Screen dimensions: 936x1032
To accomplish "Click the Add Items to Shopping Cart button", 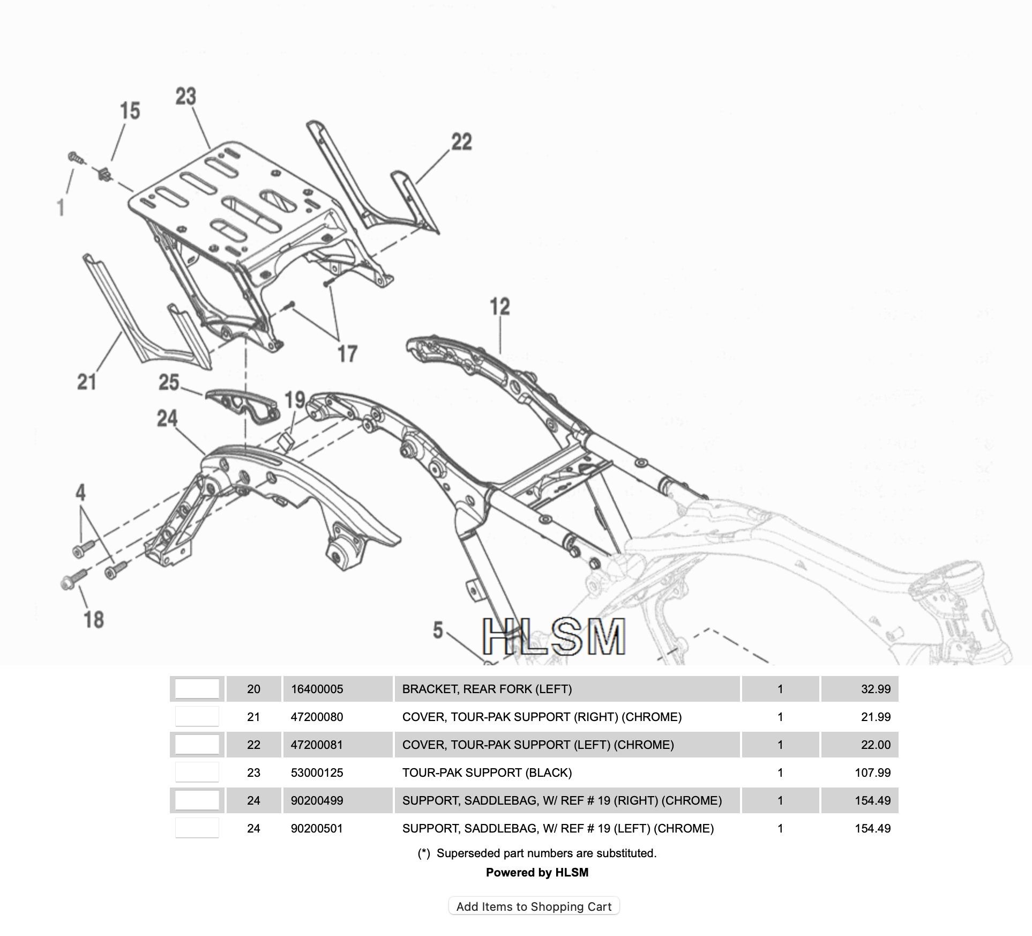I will click(534, 906).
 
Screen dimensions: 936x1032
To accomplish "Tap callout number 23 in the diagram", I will click(186, 97).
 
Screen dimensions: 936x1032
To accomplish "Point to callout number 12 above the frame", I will click(499, 307).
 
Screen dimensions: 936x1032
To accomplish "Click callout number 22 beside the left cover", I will click(461, 142).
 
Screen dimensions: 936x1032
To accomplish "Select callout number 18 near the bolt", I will click(94, 620).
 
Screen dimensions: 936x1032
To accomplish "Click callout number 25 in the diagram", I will click(168, 382).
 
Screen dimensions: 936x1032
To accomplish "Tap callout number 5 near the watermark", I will click(438, 630).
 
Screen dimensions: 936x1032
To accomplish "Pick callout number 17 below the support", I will click(347, 354).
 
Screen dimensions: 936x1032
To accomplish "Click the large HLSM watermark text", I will click(554, 637).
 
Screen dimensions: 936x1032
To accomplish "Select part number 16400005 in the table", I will click(317, 689).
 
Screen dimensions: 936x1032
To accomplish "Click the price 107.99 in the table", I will click(872, 772).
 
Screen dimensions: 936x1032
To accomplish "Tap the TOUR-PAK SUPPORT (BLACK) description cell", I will click(487, 772).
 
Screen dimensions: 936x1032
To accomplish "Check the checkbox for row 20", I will click(197, 689).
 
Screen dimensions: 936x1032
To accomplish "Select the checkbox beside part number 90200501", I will click(197, 828).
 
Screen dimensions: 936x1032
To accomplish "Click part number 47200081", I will click(317, 745).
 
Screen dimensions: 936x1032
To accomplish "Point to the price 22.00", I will click(876, 745).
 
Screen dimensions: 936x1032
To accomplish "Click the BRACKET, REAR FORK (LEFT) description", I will click(487, 689).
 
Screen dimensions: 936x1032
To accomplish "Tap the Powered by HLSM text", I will click(537, 872).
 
